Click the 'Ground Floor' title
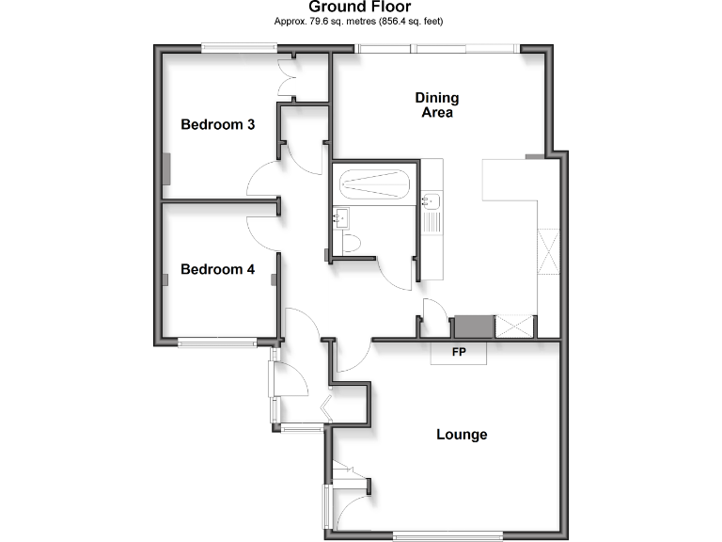(360, 7)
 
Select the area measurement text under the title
(360, 21)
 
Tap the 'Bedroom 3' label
(218, 124)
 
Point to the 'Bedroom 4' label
(218, 269)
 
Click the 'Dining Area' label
(437, 105)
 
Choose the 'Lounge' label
(462, 435)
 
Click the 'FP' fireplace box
(459, 353)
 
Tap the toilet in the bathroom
(352, 244)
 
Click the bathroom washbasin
(340, 218)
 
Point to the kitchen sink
(432, 200)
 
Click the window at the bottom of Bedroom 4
(217, 343)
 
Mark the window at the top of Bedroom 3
(232, 48)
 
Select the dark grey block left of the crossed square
(473, 327)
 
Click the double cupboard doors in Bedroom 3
(289, 77)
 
